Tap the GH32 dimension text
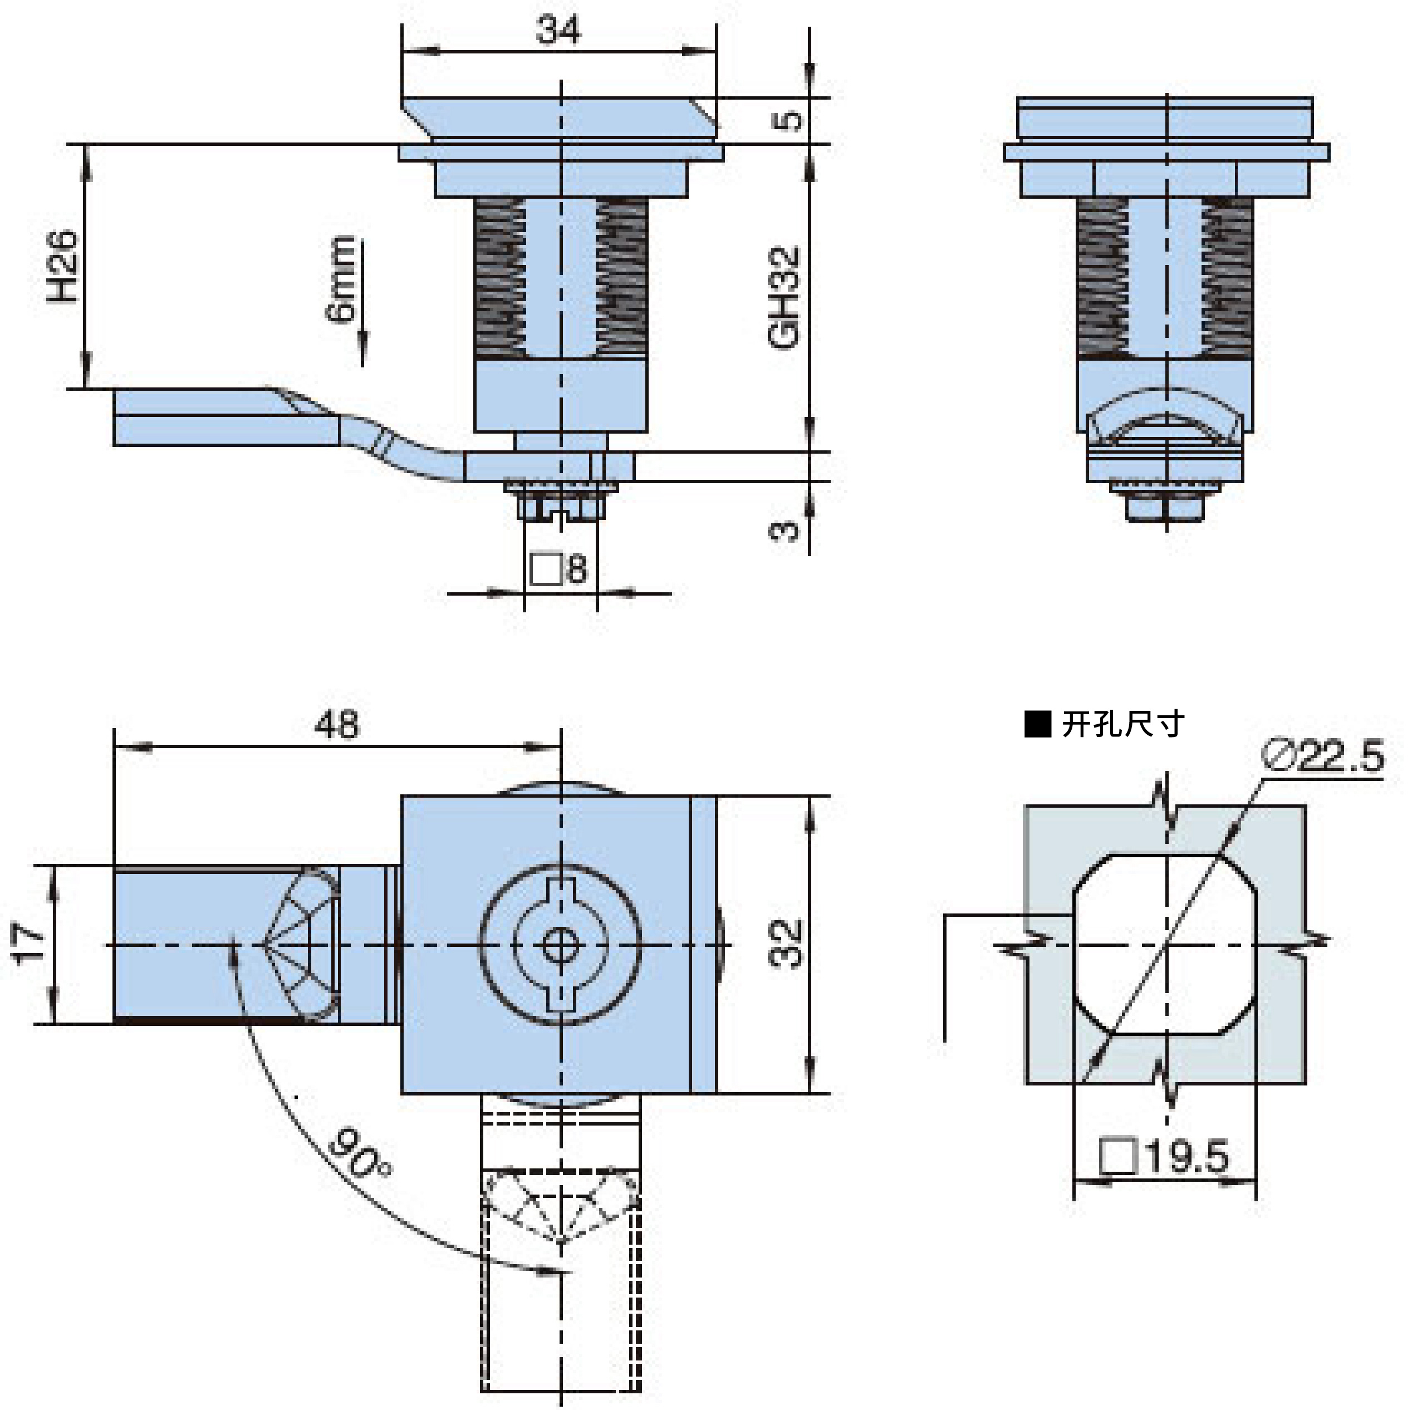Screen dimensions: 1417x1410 point(783,297)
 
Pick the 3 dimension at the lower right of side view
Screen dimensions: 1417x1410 point(784,530)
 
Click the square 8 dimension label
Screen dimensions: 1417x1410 point(559,569)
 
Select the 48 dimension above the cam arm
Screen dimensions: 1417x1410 point(337,725)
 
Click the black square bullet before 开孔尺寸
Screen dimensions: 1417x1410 point(1038,725)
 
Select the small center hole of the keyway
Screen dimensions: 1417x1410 point(560,946)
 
